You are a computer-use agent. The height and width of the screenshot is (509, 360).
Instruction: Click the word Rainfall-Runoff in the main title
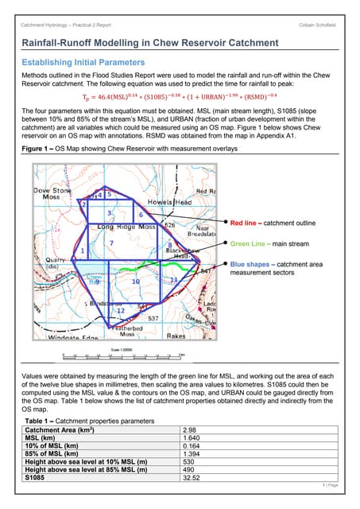65,42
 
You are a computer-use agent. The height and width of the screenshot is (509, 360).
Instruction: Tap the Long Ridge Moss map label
126,227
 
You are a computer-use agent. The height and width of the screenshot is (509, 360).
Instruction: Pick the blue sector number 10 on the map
136,282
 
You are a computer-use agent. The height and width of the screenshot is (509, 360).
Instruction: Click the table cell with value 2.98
191,429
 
